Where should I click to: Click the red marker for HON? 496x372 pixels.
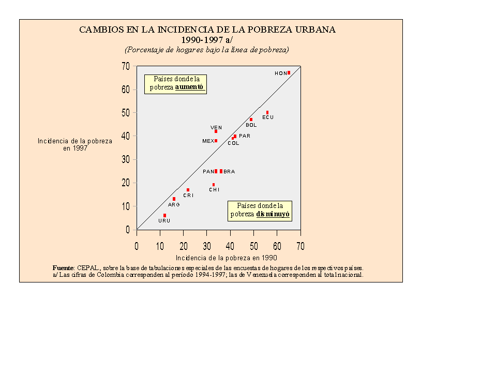point(289,73)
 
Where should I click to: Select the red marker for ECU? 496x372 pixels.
point(267,112)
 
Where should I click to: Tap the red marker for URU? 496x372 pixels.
point(164,215)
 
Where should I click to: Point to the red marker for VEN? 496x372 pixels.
point(216,131)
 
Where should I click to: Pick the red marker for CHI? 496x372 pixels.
point(214,185)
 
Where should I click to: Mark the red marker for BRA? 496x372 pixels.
point(221,171)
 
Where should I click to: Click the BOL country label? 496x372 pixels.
point(251,125)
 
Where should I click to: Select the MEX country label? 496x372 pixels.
point(208,141)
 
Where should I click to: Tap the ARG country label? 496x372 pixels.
point(174,205)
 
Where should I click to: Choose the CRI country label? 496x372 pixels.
point(188,196)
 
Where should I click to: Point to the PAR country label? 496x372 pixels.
point(245,136)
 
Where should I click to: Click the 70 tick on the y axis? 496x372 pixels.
point(126,66)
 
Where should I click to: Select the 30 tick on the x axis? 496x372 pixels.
point(207,246)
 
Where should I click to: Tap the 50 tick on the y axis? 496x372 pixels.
point(126,113)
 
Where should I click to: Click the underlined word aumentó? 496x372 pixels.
point(190,87)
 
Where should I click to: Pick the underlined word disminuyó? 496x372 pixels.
point(273,214)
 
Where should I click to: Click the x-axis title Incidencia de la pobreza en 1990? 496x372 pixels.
point(226,258)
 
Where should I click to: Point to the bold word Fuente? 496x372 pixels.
point(63,267)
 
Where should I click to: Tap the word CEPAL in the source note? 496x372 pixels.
point(88,267)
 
